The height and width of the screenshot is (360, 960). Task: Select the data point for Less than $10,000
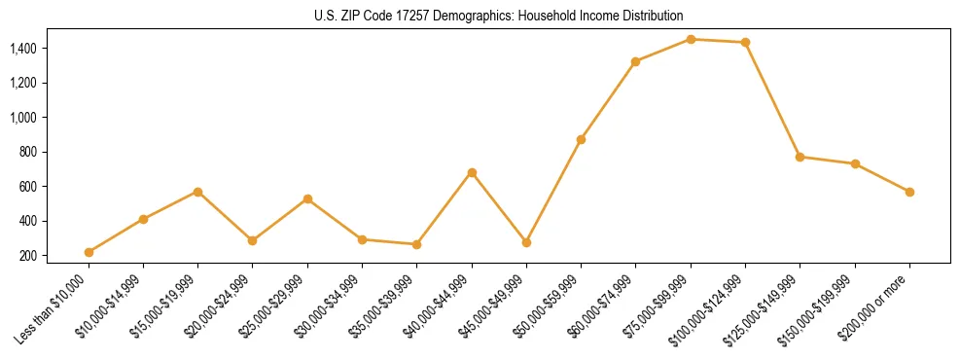[x=89, y=252]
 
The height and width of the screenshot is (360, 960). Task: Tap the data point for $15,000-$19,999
[x=198, y=192]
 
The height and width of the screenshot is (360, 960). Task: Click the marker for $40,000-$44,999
[x=472, y=172]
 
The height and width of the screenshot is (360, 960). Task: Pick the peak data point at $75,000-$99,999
[x=691, y=39]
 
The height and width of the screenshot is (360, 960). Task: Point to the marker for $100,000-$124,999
[x=745, y=42]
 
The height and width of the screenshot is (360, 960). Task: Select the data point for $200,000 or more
[x=909, y=192]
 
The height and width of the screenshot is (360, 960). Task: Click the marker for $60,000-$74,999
[x=636, y=61]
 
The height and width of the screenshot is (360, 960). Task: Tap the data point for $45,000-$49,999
[x=526, y=242]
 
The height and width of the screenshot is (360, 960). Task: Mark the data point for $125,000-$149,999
[x=800, y=157]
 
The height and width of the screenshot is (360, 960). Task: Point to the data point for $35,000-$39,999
[x=417, y=244]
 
